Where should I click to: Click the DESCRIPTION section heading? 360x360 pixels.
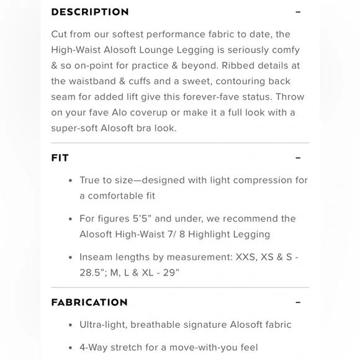(90, 12)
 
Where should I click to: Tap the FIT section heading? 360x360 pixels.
(60, 158)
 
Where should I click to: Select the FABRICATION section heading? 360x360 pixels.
(89, 302)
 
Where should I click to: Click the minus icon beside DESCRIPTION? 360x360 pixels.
(298, 12)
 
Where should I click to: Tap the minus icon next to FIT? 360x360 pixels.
(298, 158)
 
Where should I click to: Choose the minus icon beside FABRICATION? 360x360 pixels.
(298, 302)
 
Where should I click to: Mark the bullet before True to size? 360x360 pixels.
(70, 181)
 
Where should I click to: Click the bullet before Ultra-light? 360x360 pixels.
(70, 325)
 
